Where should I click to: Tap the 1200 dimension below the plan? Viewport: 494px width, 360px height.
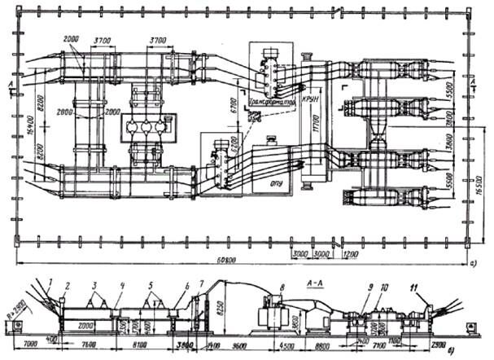pos(349,254)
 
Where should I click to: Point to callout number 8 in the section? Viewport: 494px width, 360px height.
pos(281,287)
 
